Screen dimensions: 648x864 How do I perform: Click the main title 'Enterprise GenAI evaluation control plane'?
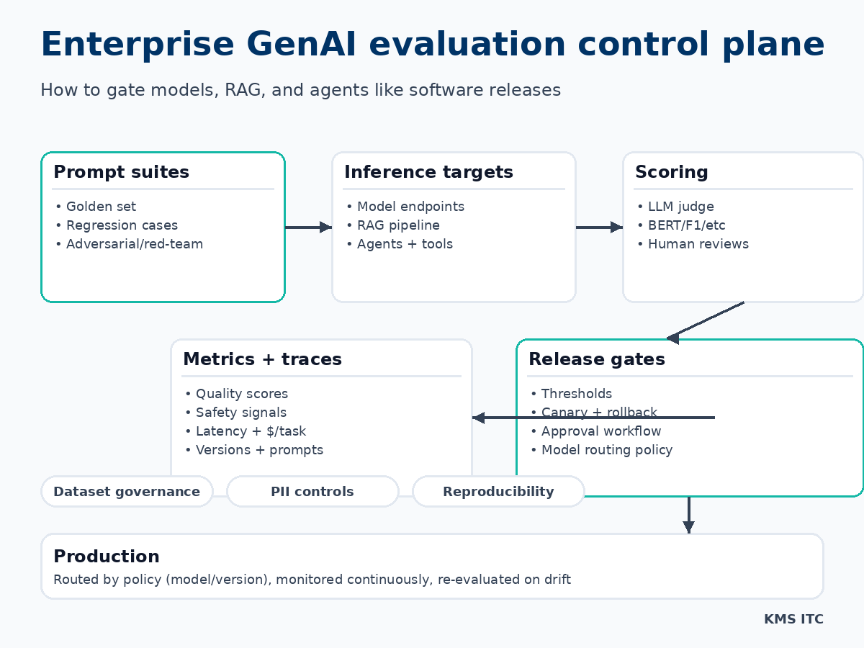point(432,45)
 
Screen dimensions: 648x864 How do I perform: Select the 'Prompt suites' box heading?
point(121,172)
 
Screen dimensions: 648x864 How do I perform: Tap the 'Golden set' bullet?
point(101,207)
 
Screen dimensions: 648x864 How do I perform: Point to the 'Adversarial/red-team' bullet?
point(134,244)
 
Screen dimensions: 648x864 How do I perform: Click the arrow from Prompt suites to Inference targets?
point(308,228)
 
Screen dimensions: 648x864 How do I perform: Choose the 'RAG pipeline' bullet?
point(398,225)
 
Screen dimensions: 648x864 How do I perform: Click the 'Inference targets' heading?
point(428,172)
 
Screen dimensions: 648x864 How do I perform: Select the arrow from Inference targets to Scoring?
point(599,228)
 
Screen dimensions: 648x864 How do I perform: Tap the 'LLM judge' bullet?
point(680,207)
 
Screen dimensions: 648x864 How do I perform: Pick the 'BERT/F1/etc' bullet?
point(686,225)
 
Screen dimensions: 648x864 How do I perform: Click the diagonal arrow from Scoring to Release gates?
point(706,320)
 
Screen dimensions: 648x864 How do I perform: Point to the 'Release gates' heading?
point(596,359)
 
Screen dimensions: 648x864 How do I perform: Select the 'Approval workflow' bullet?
point(600,431)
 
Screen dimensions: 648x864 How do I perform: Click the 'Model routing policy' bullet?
point(606,450)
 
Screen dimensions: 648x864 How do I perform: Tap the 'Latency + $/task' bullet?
point(251,431)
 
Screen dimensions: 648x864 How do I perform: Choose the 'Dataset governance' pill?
point(127,492)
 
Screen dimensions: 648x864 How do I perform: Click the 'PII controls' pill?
point(312,492)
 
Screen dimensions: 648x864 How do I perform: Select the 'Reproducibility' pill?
point(498,492)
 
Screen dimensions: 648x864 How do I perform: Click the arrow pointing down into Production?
point(688,515)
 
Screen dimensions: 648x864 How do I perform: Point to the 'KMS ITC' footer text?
point(793,619)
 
